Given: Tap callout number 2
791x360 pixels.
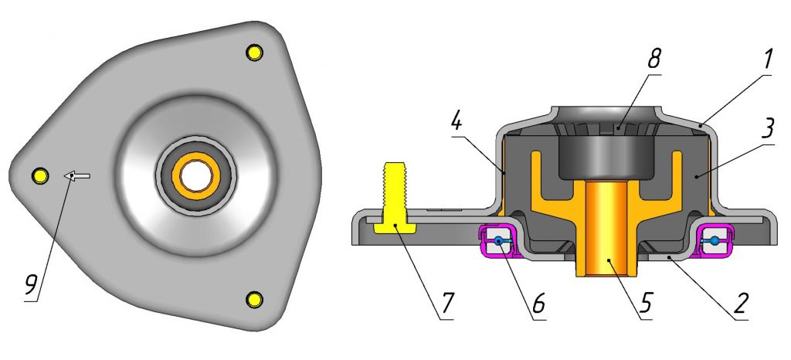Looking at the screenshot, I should click(x=742, y=305).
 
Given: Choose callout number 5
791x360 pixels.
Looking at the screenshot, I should click(x=647, y=306).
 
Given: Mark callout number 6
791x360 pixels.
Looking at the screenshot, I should click(x=538, y=305).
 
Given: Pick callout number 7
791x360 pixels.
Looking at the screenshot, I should click(x=449, y=305).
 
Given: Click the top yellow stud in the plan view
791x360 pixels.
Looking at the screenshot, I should click(x=253, y=53).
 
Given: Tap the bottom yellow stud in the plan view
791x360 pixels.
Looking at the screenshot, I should click(x=254, y=298).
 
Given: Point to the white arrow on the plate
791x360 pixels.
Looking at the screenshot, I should click(x=76, y=176).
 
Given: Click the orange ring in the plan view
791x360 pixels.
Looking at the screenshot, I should click(x=197, y=176).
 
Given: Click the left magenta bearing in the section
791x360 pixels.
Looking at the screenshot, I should click(x=499, y=241).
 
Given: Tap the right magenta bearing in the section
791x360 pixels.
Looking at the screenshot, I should click(x=715, y=241).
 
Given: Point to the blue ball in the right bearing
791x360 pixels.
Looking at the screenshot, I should click(x=715, y=242).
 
